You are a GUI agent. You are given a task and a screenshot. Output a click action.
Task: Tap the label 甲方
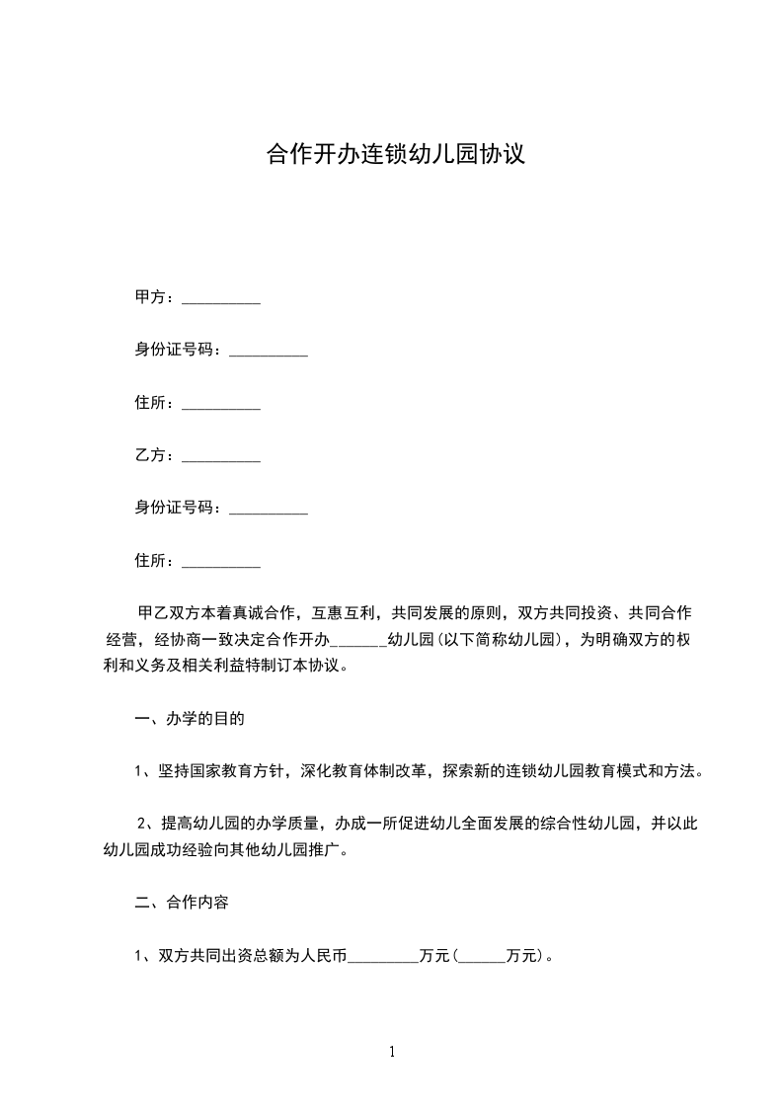pyautogui.click(x=150, y=297)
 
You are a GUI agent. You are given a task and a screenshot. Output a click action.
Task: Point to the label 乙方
pyautogui.click(x=150, y=455)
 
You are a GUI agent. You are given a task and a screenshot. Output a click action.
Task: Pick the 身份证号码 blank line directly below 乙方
pyautogui.click(x=269, y=510)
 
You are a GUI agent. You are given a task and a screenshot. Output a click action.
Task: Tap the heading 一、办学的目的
pyautogui.click(x=189, y=719)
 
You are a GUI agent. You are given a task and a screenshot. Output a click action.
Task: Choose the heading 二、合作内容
pyautogui.click(x=182, y=903)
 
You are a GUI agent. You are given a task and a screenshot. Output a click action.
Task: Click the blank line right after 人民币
pyautogui.click(x=384, y=957)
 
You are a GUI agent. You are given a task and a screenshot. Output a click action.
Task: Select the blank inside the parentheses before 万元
pyautogui.click(x=482, y=957)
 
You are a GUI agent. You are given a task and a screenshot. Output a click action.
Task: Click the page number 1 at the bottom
pyautogui.click(x=392, y=1052)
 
